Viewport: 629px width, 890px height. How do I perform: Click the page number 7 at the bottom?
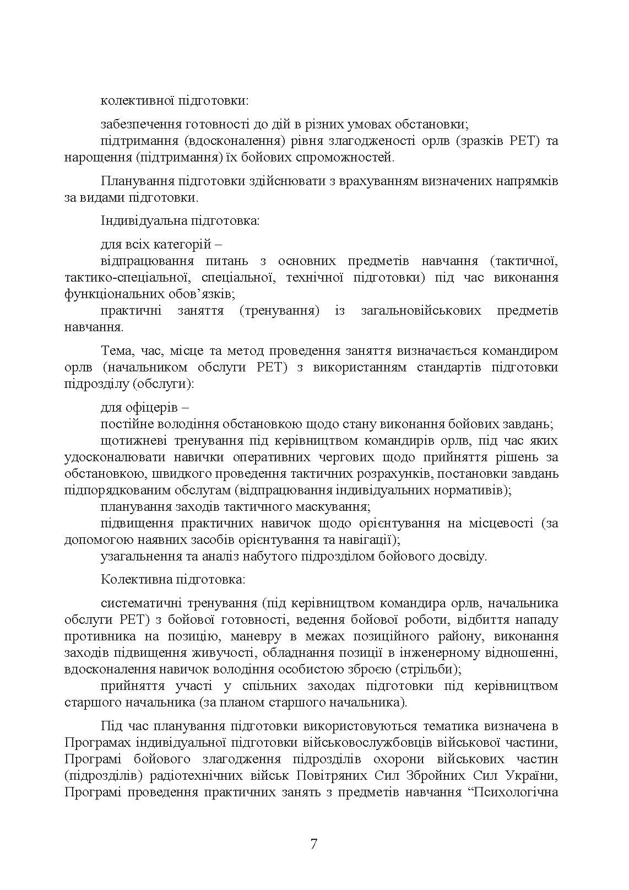click(x=313, y=844)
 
